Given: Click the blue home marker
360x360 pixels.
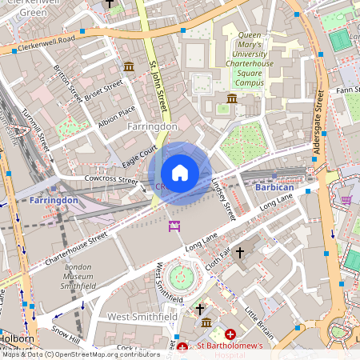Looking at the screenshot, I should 180,173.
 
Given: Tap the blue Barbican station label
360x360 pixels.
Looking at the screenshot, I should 275,187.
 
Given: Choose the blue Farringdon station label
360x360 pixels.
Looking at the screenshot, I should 54,199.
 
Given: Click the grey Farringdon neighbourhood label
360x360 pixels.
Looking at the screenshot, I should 152,126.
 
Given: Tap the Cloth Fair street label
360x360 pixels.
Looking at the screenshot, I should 218,255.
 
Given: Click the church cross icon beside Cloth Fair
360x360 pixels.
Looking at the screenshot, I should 238,252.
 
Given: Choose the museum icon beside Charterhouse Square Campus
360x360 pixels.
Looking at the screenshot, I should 232,98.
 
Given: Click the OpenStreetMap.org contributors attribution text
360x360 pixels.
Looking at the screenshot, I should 104,354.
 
